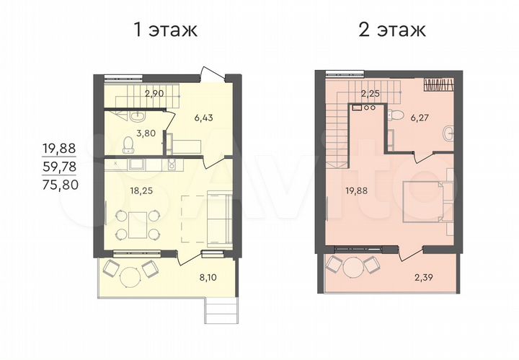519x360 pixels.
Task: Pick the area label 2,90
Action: pyautogui.click(x=155, y=93)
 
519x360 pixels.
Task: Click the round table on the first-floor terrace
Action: pyautogui.click(x=130, y=277)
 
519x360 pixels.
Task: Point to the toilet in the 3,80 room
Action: pyautogui.click(x=127, y=145)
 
